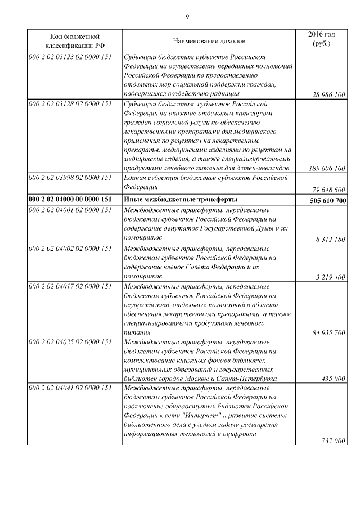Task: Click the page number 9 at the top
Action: pos(187,16)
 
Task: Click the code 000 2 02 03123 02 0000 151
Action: pos(70,57)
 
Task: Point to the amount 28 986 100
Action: pos(328,95)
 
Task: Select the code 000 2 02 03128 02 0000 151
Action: pos(70,105)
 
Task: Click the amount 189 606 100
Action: pos(327,168)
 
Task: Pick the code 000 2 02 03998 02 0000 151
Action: pos(70,178)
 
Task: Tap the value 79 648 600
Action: pos(328,190)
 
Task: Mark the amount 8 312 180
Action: pos(329,239)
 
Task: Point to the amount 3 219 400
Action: pos(329,277)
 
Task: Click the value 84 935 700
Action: pos(328,333)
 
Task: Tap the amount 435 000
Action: pos(333,379)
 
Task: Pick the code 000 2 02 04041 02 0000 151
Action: pos(70,389)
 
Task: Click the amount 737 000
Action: pos(333,441)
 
